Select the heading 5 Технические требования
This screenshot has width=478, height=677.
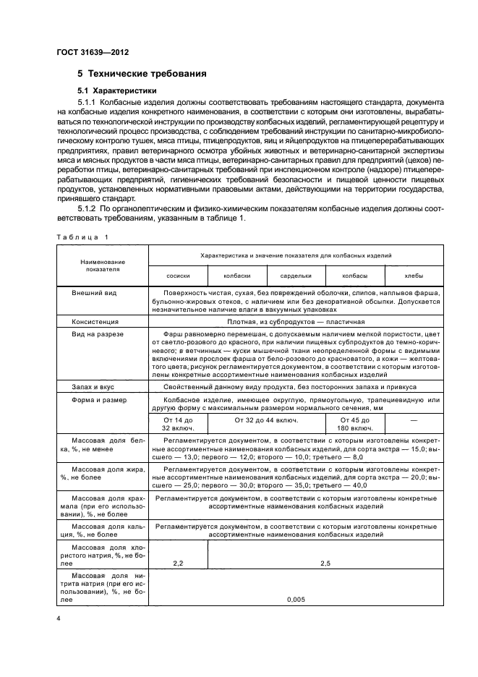point(142,74)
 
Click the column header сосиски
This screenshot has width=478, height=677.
point(177,276)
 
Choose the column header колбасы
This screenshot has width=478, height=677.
point(354,276)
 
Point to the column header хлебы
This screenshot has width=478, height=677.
point(414,276)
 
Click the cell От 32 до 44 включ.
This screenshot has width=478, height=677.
point(265,419)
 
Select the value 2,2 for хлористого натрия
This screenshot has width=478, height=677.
point(177,561)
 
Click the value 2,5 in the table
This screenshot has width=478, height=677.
point(325,561)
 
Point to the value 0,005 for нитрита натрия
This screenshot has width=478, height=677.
point(295,599)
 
